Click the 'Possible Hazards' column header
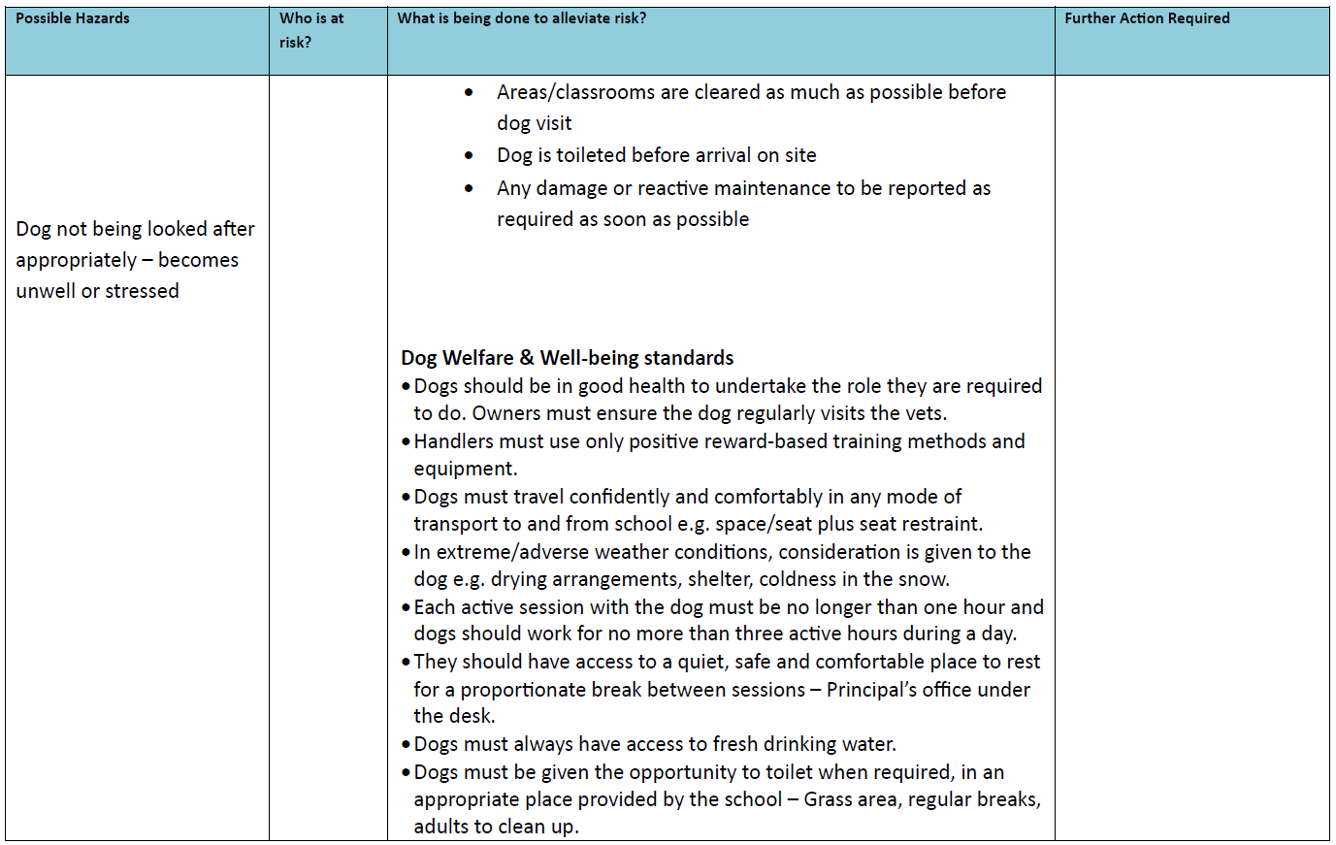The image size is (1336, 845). pyautogui.click(x=73, y=18)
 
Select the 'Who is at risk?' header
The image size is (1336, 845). pyautogui.click(x=311, y=30)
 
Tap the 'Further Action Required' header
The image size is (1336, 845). pyautogui.click(x=1147, y=18)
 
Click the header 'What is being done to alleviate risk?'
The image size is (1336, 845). pyautogui.click(x=522, y=18)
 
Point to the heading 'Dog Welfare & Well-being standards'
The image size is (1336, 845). pyautogui.click(x=567, y=358)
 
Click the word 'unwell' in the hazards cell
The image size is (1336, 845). pyautogui.click(x=46, y=291)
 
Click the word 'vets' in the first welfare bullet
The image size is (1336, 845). pyautogui.click(x=925, y=413)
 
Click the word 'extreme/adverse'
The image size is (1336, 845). pyautogui.click(x=505, y=552)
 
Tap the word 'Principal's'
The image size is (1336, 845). pyautogui.click(x=875, y=690)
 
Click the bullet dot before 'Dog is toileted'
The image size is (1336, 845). pyautogui.click(x=470, y=155)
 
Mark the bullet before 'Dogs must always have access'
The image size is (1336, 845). pyautogui.click(x=407, y=745)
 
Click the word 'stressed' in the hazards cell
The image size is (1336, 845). pyautogui.click(x=142, y=291)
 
